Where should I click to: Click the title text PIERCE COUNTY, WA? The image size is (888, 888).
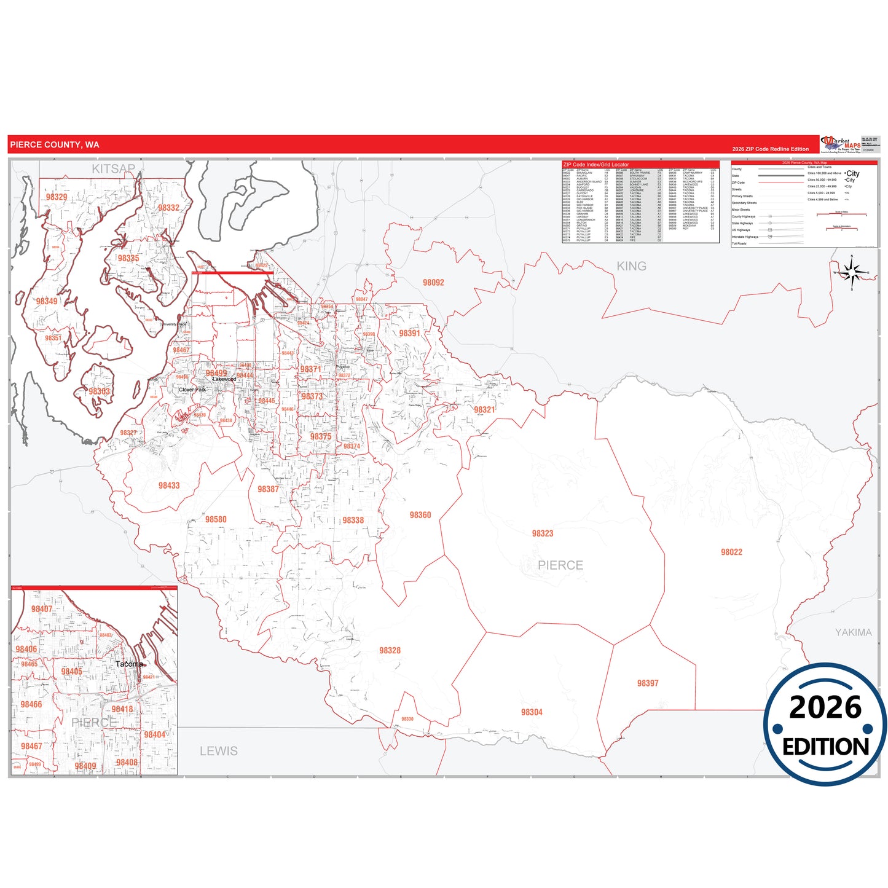click(x=55, y=145)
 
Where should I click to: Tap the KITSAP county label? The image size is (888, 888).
click(x=113, y=168)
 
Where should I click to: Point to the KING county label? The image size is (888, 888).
click(x=631, y=266)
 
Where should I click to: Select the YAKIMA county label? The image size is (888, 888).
click(x=853, y=632)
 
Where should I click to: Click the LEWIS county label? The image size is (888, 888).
click(x=218, y=751)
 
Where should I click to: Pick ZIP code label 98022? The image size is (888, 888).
click(x=731, y=552)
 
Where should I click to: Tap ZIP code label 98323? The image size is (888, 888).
click(x=543, y=533)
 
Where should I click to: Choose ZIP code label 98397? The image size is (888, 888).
click(x=648, y=683)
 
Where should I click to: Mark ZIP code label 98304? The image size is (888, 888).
click(x=532, y=712)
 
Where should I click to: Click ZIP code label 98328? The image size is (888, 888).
click(x=390, y=650)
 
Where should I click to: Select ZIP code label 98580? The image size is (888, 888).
click(x=216, y=519)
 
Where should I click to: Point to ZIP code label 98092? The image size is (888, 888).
click(x=433, y=283)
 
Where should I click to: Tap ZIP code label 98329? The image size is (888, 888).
click(x=57, y=197)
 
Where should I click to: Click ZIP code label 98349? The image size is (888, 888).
click(x=47, y=301)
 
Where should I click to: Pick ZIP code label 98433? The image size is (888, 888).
click(x=169, y=485)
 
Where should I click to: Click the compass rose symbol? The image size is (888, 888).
click(x=852, y=272)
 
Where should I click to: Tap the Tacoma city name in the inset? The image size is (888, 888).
click(x=129, y=664)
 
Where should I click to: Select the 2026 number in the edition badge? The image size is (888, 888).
click(x=825, y=707)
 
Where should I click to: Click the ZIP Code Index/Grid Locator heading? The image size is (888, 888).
click(x=596, y=165)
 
